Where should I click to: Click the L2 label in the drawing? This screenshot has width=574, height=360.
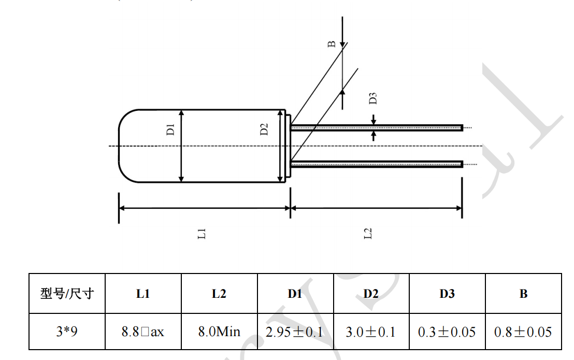coord(368,234)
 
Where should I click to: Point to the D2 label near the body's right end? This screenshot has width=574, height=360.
coord(264,129)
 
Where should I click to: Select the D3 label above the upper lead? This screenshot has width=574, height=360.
coord(372,98)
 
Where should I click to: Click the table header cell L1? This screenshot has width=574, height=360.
coord(143,294)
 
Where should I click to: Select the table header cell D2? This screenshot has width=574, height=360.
coord(371,294)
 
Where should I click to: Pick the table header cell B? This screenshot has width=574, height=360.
coord(523,294)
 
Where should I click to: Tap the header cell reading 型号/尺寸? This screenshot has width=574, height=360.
coord(67,294)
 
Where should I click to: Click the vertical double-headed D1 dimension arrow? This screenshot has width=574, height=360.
coord(181,155)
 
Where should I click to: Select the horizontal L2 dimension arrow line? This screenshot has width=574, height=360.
coord(376,208)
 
